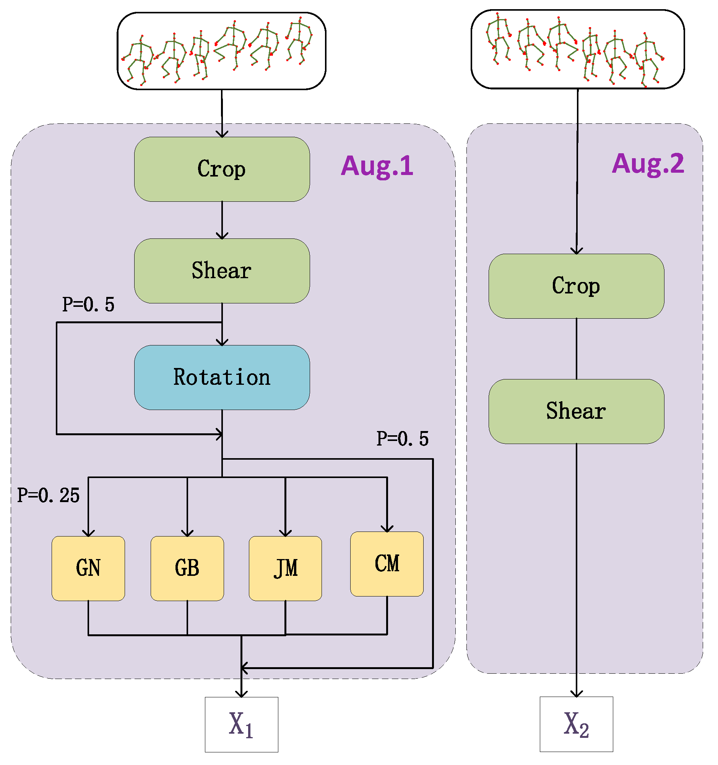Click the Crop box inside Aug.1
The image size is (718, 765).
pos(222,169)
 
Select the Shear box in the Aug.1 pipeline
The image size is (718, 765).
pos(222,271)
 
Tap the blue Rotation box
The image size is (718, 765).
pos(222,377)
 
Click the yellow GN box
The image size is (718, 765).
pos(88,568)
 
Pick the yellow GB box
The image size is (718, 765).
pos(187,568)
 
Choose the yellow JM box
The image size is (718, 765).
pos(285,568)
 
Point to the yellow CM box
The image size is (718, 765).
pos(387,564)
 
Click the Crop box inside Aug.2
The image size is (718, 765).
pos(576,286)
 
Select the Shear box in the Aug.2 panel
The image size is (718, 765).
pos(576,412)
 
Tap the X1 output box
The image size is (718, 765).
pos(241,724)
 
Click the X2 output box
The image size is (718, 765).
pos(576,724)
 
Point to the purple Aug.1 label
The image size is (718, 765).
pos(377,166)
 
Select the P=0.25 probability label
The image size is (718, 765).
pos(48,495)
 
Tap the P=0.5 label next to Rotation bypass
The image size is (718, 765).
pos(88,305)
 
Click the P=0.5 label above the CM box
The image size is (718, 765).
pos(402,439)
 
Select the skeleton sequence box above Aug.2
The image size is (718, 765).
pos(577,49)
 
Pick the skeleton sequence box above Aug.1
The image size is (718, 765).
pos(221,51)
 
